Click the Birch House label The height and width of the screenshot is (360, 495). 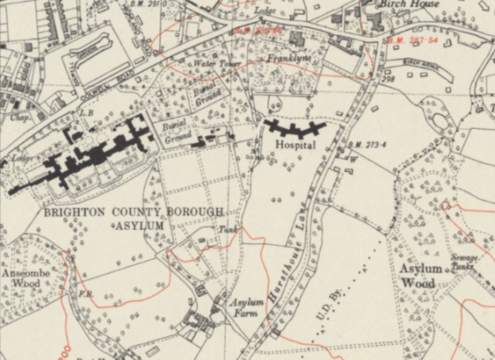pyautogui.click(x=412, y=5)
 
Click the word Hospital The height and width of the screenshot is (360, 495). pyautogui.click(x=294, y=145)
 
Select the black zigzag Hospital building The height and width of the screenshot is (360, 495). pyautogui.click(x=295, y=129)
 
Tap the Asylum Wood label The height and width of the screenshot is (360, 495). pyautogui.click(x=419, y=276)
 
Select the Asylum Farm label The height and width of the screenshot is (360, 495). pyautogui.click(x=247, y=308)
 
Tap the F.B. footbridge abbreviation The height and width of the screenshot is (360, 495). pyautogui.click(x=85, y=295)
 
